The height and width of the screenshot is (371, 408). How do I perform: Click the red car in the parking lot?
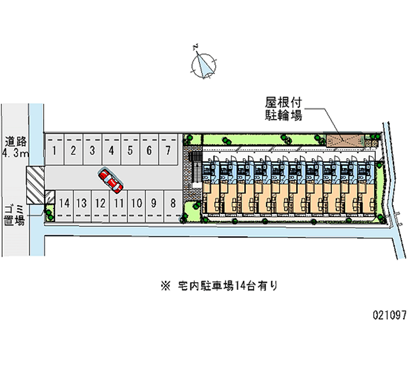click(110, 180)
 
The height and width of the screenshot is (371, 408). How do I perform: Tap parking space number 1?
click(55, 150)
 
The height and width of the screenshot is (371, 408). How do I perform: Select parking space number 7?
click(168, 150)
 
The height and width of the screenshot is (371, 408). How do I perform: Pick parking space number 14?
click(64, 206)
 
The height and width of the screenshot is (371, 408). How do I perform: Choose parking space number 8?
click(173, 206)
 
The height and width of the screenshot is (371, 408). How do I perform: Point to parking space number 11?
click(119, 206)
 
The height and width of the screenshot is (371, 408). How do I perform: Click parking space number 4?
click(111, 150)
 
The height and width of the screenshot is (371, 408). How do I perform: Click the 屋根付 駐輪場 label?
click(284, 109)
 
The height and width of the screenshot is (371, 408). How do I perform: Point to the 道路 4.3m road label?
click(16, 147)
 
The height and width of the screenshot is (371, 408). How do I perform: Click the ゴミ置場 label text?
click(14, 215)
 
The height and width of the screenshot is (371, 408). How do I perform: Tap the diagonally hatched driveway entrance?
click(35, 185)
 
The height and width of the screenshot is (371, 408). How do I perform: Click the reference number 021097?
click(390, 315)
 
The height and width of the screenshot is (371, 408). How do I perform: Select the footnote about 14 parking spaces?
click(219, 286)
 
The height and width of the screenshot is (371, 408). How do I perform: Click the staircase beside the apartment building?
click(196, 167)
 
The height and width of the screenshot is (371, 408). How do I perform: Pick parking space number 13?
click(82, 206)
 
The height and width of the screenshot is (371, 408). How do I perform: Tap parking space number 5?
click(131, 150)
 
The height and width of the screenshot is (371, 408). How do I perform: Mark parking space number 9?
click(155, 206)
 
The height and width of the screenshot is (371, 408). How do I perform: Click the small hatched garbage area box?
click(49, 197)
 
